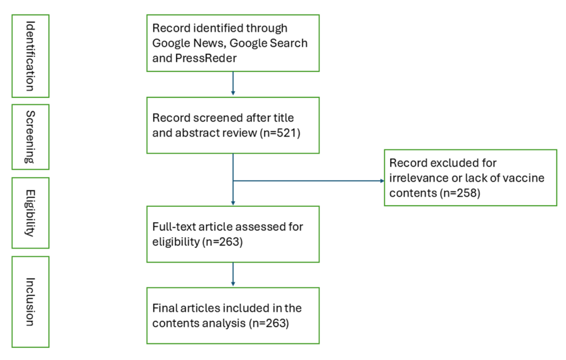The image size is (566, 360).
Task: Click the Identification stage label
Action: [x=30, y=56]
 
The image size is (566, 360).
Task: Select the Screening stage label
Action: [x=30, y=137]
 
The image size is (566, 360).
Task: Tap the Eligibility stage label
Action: [x=30, y=212]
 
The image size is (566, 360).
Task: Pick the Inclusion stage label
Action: [x=30, y=301]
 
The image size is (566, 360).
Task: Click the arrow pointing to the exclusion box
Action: [x=381, y=181]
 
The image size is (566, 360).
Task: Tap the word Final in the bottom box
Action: [x=165, y=308]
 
